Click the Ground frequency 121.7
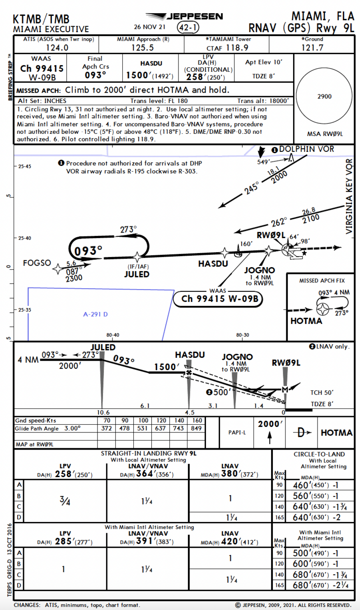pos(312,47)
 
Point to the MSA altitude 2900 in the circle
pos(325,96)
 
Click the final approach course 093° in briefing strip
pos(95,75)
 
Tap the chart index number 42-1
pos(188,28)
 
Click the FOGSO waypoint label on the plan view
pos(37,263)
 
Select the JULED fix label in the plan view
pos(136,274)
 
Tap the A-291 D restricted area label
pos(96,314)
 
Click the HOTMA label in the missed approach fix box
pos(306,321)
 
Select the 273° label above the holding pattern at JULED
pos(128,230)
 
